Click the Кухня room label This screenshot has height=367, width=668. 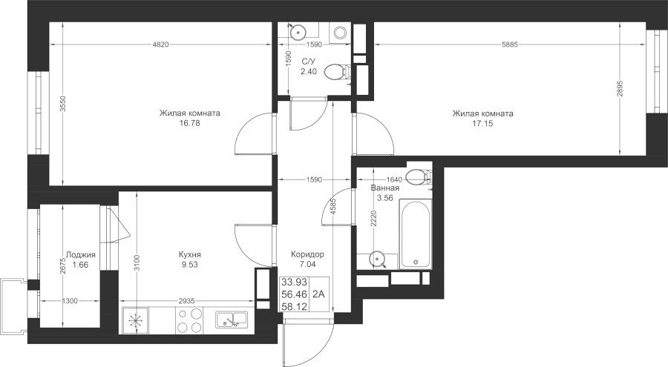point(189,254)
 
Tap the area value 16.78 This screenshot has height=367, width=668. point(190,124)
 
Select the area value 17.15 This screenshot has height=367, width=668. point(483,124)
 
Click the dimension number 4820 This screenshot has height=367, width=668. point(160,44)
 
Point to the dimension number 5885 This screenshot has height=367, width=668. point(510,44)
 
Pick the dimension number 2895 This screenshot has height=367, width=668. point(620,88)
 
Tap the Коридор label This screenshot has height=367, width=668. point(307,254)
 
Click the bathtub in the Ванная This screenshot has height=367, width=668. point(416,234)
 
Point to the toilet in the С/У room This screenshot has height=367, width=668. point(337,73)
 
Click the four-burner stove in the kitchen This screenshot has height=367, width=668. point(189,320)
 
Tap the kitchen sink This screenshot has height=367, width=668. point(232,320)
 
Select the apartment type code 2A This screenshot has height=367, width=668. point(318,294)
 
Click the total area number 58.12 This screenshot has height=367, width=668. point(295,306)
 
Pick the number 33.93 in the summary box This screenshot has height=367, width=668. point(295,282)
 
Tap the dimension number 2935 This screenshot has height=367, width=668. point(186,301)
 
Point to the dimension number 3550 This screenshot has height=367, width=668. point(63,104)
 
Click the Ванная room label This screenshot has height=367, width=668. point(385,188)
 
